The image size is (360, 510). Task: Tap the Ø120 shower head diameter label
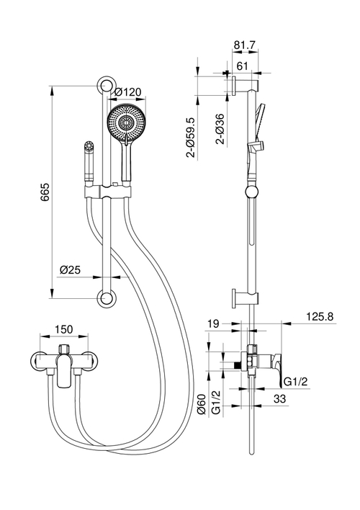127,92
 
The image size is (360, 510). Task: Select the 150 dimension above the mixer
64,329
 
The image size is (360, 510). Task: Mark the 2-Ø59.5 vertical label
191,136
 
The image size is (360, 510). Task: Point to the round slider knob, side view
251,191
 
